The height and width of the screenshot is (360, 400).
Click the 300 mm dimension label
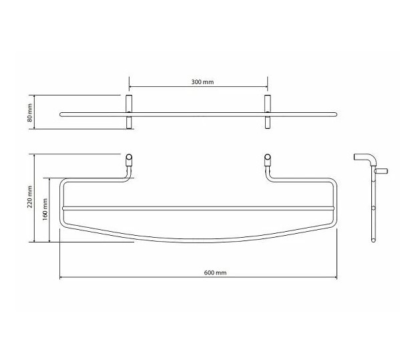tap(202, 82)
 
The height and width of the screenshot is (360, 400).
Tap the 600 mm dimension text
tap(215, 273)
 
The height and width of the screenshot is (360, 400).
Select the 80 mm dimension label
tap(29, 112)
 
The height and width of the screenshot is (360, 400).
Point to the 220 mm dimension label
tap(29, 197)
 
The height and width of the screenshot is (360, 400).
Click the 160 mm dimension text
tap(45, 210)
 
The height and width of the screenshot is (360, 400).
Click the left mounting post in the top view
tap(129, 112)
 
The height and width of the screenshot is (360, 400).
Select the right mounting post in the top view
tap(267, 112)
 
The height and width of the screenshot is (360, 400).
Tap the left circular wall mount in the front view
tap(129, 157)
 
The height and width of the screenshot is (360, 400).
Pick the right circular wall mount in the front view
tap(267, 157)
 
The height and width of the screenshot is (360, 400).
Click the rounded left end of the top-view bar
tap(61, 114)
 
